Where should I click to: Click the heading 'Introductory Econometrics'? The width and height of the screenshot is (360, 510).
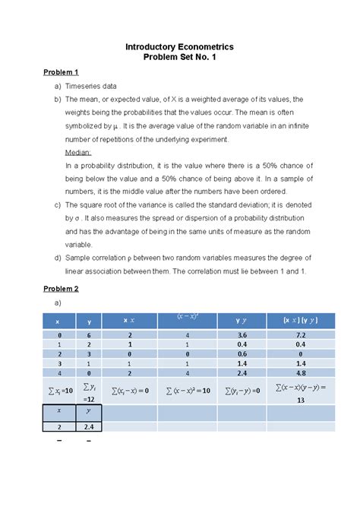click(179, 47)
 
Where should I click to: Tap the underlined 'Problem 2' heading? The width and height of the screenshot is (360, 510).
click(61, 289)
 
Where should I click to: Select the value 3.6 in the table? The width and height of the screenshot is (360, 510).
click(242, 334)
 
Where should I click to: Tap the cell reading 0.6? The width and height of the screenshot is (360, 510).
click(242, 353)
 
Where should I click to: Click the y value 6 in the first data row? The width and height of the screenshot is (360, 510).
click(88, 334)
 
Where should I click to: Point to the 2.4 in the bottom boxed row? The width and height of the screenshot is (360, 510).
click(88, 428)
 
